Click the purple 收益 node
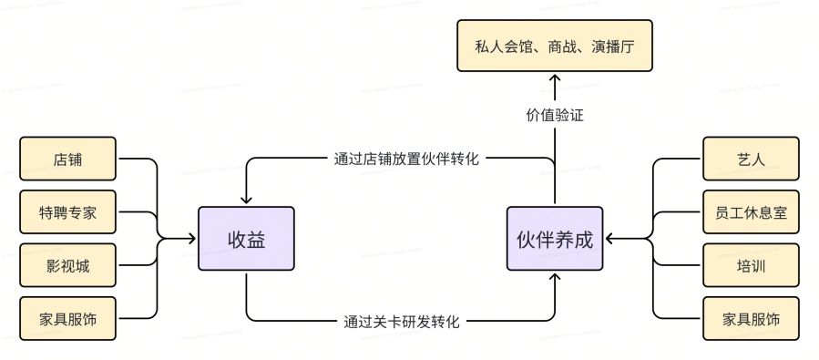click(246, 240)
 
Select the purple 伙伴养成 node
click(554, 240)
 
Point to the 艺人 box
click(751, 160)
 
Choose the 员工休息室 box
click(751, 214)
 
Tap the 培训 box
click(751, 266)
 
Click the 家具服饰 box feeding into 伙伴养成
click(751, 319)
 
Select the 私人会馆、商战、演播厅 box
click(555, 46)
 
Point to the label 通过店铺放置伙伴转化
click(404, 158)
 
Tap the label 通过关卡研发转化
click(401, 321)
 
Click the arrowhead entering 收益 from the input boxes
click(192, 240)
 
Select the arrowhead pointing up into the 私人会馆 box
click(555, 78)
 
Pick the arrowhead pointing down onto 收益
click(246, 201)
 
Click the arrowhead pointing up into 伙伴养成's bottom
click(555, 277)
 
